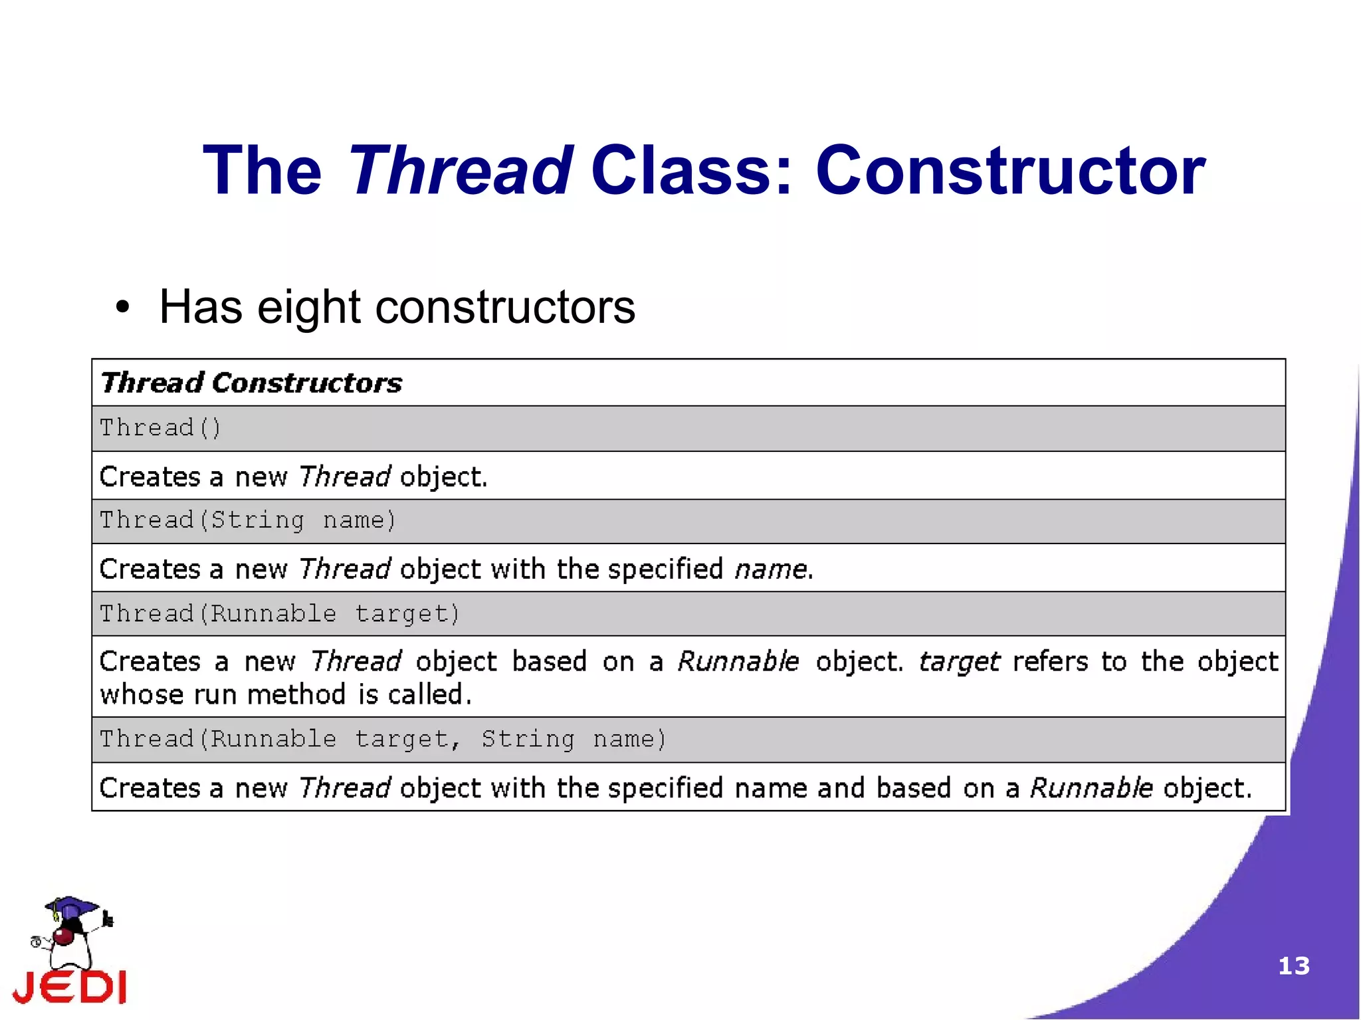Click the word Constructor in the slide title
(x=1009, y=171)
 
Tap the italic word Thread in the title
(x=460, y=171)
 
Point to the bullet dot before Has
(x=122, y=308)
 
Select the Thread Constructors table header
(x=251, y=383)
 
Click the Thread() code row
(x=160, y=428)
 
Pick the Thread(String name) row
(x=248, y=520)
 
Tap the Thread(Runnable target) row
(x=280, y=613)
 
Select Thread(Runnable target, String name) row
(x=383, y=739)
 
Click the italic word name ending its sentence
(x=771, y=569)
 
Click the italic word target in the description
(x=959, y=662)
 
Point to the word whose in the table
(x=142, y=695)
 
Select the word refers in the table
(x=1050, y=662)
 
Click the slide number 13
(x=1293, y=966)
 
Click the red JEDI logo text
(x=70, y=987)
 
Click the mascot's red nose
(x=63, y=937)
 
